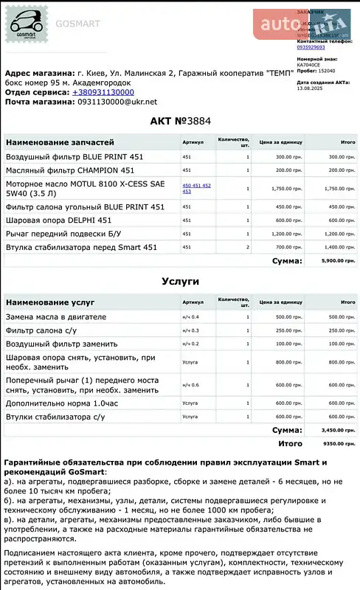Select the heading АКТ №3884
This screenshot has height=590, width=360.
[180, 121]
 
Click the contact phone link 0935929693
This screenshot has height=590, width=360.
[311, 46]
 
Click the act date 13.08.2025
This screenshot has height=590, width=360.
[311, 88]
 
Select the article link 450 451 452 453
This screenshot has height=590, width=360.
[196, 188]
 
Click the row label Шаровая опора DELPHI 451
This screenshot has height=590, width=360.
[59, 220]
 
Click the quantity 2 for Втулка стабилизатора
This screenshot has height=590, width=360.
[247, 247]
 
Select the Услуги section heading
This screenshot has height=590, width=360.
[180, 281]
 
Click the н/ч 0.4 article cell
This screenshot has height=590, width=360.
[190, 316]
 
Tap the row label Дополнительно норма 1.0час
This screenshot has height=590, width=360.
[62, 403]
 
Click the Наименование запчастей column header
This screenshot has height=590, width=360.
[60, 142]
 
